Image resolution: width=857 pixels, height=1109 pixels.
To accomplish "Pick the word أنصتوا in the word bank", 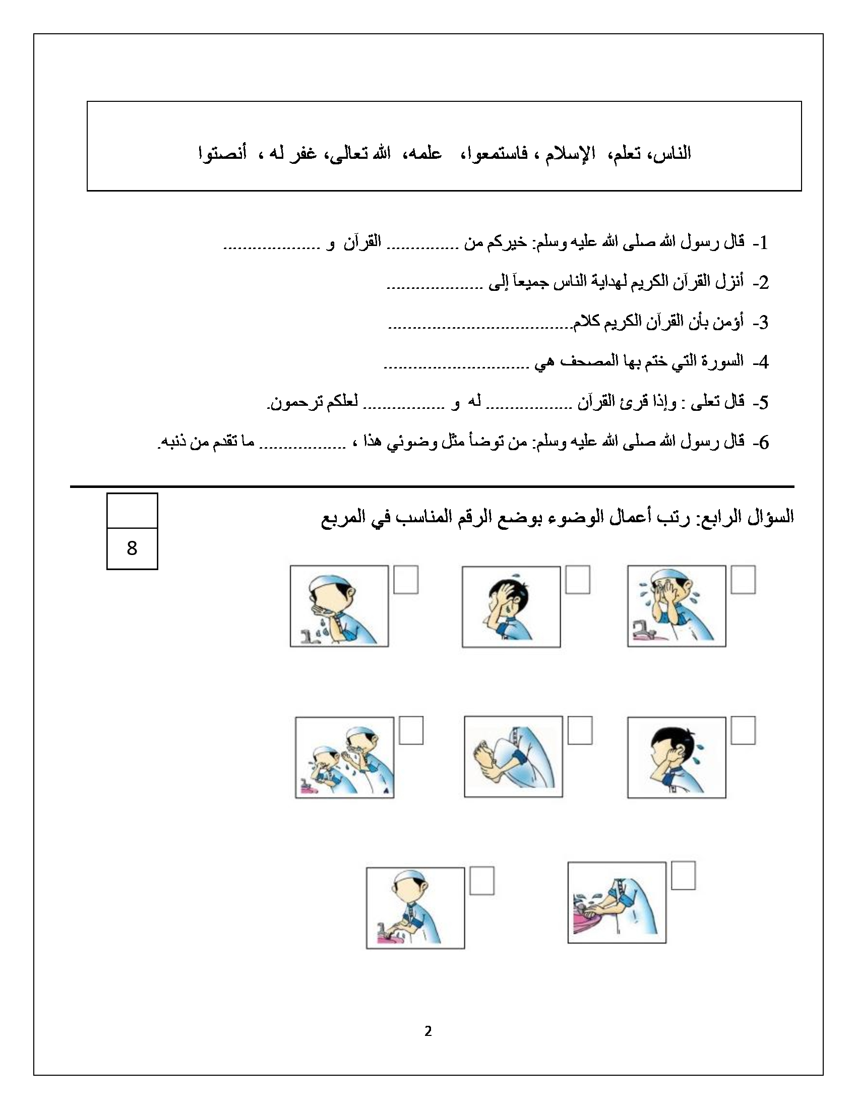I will pos(222,153).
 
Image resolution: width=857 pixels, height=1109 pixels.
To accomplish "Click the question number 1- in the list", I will pos(760,243).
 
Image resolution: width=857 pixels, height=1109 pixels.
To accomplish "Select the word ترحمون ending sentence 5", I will pos(288,402).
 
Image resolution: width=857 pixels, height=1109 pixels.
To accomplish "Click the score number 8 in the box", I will pos(132,548).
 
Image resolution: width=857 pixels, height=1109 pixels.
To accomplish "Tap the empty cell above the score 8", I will pos(132,510).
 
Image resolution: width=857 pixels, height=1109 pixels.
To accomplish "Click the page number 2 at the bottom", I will pos(428,1041).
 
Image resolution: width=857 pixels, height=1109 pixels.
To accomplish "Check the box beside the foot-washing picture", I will pos(580,730).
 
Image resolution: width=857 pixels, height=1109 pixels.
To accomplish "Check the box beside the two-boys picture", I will pos(411,730).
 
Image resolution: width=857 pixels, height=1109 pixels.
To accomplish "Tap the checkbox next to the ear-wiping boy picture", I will pos(743,730).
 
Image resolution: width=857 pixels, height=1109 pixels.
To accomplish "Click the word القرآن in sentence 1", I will pos(362,241).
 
